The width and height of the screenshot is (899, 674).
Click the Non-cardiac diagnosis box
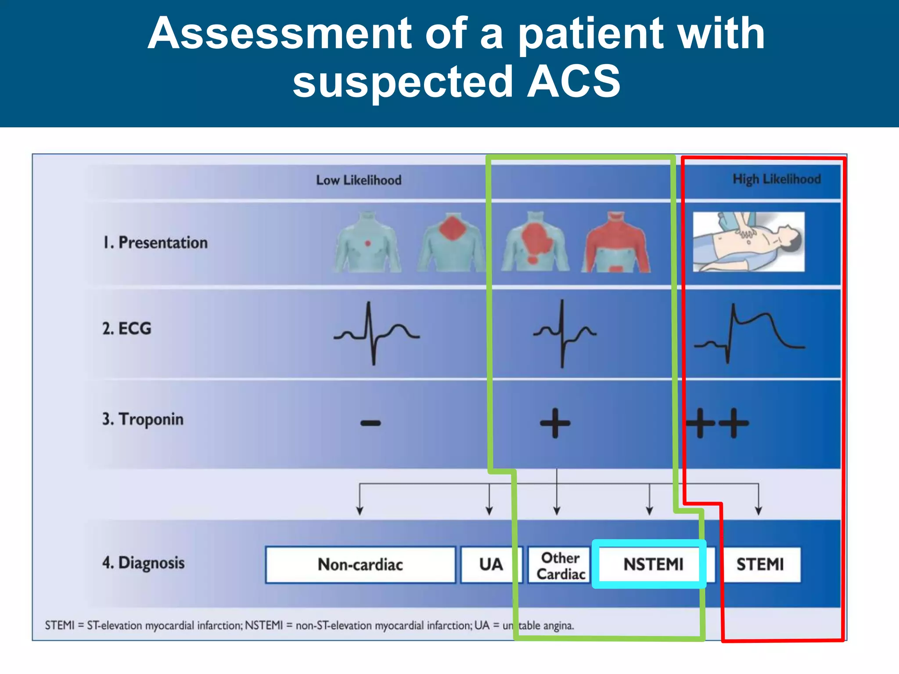point(360,564)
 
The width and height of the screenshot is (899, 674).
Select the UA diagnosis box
point(490,564)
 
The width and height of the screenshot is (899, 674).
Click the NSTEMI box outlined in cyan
point(653,564)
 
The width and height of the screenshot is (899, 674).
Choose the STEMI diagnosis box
point(760,564)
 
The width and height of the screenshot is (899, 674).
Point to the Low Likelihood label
point(359,180)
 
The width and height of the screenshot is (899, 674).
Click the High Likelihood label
point(776,179)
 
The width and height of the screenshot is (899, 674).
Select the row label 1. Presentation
point(155,243)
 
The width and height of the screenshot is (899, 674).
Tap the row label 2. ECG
point(126,328)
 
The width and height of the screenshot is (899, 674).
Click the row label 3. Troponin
point(143,419)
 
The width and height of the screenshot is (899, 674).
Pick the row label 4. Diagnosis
point(143,563)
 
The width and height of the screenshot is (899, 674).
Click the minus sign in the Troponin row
point(370,423)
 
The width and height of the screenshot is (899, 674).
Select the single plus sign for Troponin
point(555,423)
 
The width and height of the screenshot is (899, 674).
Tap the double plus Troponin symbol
point(717,423)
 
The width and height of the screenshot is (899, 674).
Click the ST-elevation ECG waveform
point(750,333)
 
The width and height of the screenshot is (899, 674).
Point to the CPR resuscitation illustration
point(748,242)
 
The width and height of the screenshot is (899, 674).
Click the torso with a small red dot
point(367,242)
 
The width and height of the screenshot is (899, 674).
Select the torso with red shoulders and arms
point(616,242)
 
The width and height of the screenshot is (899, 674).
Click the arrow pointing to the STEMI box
point(758,505)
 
